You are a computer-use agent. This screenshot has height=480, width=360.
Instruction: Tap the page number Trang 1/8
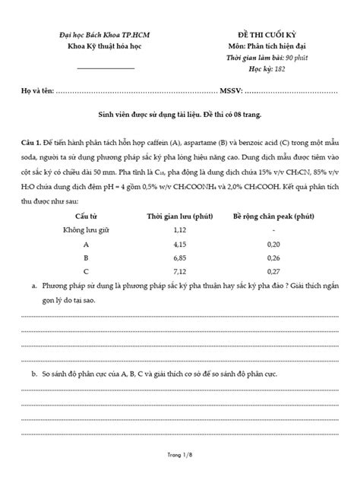click(x=180, y=456)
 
